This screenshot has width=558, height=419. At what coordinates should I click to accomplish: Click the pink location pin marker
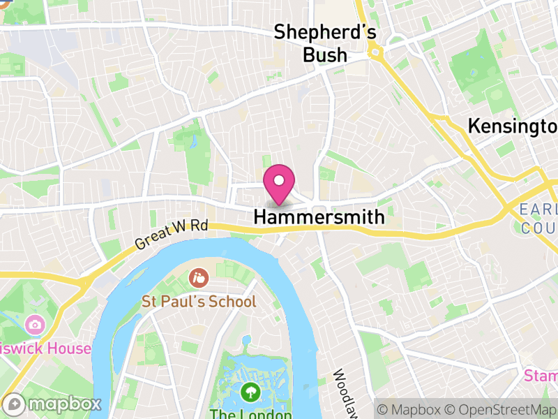click(279, 185)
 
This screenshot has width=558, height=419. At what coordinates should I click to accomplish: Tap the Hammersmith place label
click(319, 217)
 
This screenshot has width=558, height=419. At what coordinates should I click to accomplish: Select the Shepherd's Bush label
click(325, 43)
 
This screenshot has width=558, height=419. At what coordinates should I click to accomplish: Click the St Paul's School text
click(199, 302)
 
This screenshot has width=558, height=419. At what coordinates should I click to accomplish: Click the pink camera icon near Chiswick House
click(33, 325)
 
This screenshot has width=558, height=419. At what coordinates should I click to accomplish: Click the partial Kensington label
click(513, 126)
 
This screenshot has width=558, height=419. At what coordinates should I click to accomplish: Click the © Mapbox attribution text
click(412, 408)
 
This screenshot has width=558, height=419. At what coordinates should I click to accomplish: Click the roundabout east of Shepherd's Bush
click(376, 51)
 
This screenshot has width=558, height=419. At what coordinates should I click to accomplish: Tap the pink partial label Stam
click(541, 376)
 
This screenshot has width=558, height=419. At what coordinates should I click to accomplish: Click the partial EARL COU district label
click(538, 219)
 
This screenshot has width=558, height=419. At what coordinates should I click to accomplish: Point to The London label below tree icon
click(241, 413)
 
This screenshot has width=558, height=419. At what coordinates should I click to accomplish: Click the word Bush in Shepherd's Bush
click(325, 54)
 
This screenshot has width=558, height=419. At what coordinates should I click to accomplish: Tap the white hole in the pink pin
click(279, 180)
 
